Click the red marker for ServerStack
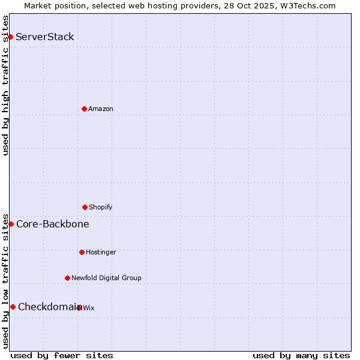coord(10,37)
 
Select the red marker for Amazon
coord(84,109)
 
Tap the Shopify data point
coord(85,207)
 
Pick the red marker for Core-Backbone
coord(11,224)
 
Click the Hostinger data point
coord(82,252)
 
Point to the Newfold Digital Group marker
coord(67,278)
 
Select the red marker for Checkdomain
coord(13,307)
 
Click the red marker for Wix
coord(79,308)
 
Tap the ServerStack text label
coord(45,37)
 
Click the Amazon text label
coord(101,109)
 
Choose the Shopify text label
coord(101,207)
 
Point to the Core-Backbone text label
coord(53,224)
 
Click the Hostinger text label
coord(101,252)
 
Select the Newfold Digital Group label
coord(106,278)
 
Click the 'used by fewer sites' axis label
coord(62,355)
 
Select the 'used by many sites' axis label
coord(301,355)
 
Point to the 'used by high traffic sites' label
coord(5,85)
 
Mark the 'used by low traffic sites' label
coord(5,280)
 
